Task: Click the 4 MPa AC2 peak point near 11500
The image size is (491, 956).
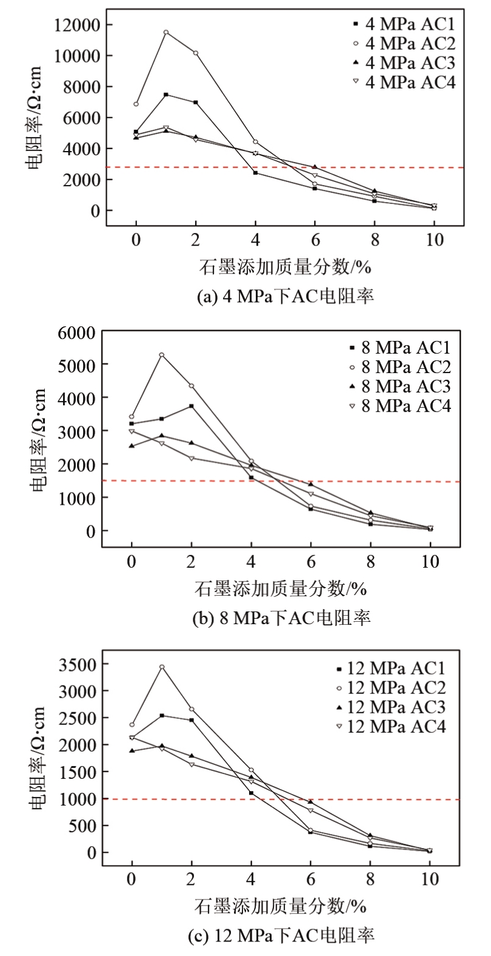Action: pyautogui.click(x=166, y=32)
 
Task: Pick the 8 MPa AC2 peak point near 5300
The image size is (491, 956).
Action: pyautogui.click(x=162, y=355)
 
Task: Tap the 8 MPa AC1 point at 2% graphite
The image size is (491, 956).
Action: pyautogui.click(x=192, y=406)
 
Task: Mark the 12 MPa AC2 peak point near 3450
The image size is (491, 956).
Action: pyautogui.click(x=162, y=667)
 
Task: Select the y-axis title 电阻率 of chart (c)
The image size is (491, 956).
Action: pyautogui.click(x=38, y=758)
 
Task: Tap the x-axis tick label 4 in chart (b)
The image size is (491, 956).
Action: pyautogui.click(x=252, y=562)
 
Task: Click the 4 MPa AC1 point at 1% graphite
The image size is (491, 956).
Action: pyautogui.click(x=166, y=95)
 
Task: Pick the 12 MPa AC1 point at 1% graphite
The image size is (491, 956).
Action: pyautogui.click(x=162, y=716)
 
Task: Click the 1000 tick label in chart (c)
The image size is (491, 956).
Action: pyautogui.click(x=78, y=799)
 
